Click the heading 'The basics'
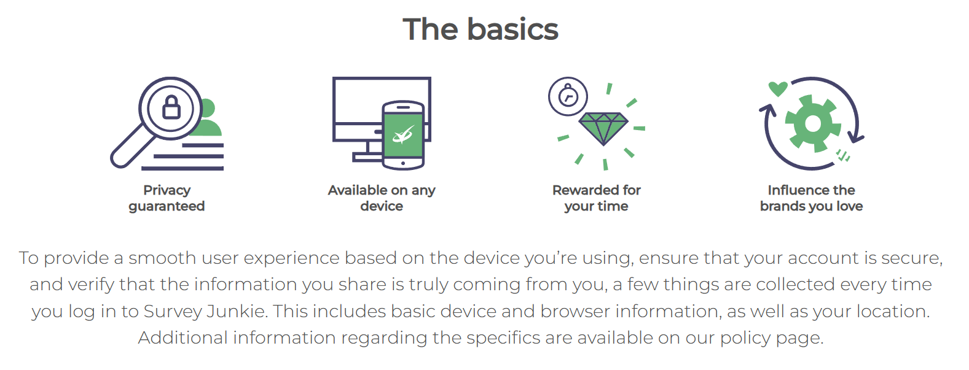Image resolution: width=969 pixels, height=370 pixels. click(480, 29)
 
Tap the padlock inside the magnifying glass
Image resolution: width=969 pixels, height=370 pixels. click(171, 107)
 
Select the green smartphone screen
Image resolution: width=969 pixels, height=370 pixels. click(403, 135)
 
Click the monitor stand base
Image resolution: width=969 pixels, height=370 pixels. click(367, 158)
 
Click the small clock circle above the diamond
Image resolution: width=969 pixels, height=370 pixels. click(568, 96)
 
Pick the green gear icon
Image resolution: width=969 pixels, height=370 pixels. click(813, 124)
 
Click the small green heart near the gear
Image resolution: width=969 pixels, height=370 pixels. click(778, 89)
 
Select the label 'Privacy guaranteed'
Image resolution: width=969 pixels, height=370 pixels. click(167, 198)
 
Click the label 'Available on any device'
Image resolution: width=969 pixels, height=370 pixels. click(382, 198)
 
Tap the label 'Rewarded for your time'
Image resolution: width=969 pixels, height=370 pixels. click(597, 198)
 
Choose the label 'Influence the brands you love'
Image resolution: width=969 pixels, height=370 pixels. click(812, 198)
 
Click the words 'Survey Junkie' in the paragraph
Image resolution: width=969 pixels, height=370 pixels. click(204, 311)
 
